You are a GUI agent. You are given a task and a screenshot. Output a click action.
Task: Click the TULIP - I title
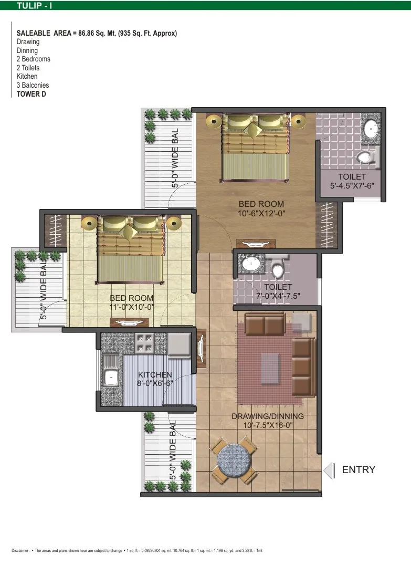click(x=34, y=5)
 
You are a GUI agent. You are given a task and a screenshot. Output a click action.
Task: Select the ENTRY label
click(x=359, y=470)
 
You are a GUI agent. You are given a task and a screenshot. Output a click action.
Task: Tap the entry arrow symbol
click(x=329, y=470)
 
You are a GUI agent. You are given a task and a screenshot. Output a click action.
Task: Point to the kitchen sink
click(x=111, y=378)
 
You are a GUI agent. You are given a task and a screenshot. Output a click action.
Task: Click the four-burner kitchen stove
click(x=144, y=343)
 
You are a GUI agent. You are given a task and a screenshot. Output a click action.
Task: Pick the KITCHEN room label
click(x=155, y=374)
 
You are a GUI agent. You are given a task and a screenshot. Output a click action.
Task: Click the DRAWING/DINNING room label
click(x=268, y=416)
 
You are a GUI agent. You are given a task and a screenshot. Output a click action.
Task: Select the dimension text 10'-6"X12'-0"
click(x=261, y=213)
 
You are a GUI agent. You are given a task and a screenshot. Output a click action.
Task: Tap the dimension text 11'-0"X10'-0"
click(x=132, y=307)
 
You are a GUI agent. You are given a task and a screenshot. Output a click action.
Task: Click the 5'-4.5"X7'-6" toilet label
click(x=352, y=186)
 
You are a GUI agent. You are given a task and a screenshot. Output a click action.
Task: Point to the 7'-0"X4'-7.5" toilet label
click(x=278, y=296)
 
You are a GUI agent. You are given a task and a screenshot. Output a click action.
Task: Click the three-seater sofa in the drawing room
click(x=303, y=367)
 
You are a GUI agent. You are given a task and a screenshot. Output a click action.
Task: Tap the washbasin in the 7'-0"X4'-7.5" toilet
click(x=251, y=264)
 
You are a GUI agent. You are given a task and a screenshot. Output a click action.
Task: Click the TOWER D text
click(x=31, y=94)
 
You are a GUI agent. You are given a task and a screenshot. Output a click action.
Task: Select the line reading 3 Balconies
click(x=33, y=85)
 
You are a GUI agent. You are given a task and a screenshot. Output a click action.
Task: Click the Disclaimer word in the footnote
click(x=20, y=550)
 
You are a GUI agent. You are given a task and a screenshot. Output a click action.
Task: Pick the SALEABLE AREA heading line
click(x=97, y=33)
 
